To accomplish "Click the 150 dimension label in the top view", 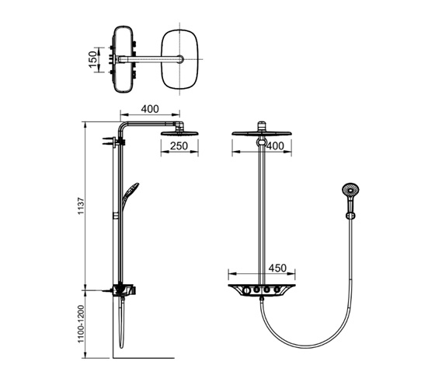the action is pos(93,60).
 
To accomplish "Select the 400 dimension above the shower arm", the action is pos(150,109).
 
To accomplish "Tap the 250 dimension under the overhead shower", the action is pos(179,146).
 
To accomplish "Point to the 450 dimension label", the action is pos(277,268).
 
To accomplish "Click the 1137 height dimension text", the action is pos(81,206).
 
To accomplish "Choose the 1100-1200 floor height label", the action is pos(81,325).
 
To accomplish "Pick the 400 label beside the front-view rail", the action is pos(276,146).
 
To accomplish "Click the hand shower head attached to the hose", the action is pos(350,191).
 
